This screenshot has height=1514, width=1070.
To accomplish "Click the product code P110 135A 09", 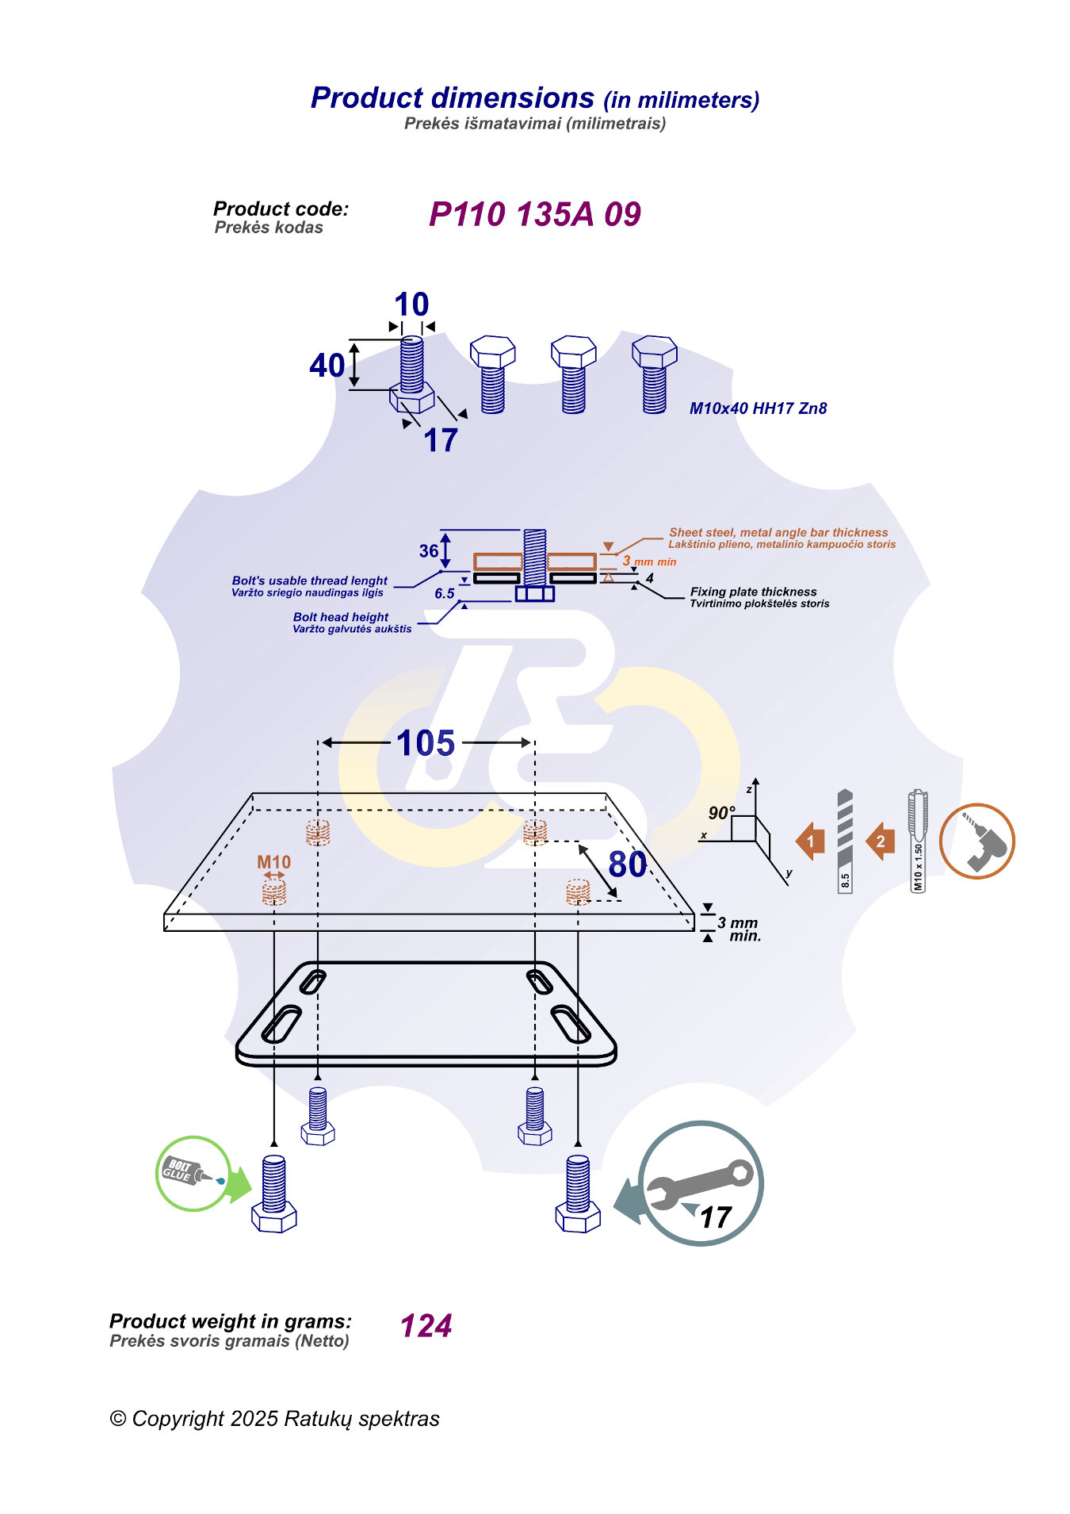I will (x=534, y=214).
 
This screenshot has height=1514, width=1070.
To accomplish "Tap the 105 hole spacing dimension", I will (x=426, y=743).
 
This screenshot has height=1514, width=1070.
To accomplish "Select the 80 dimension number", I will (x=627, y=864).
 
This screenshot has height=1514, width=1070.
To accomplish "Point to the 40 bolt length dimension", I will (x=327, y=366).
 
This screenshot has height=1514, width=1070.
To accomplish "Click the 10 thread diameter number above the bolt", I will (x=411, y=305).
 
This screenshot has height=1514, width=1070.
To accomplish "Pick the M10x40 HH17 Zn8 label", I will (x=758, y=408).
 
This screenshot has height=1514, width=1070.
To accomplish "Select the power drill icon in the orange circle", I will (x=976, y=841).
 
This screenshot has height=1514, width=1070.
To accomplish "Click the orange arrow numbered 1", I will (x=810, y=841).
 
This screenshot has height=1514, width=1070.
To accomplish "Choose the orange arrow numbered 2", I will (x=880, y=841).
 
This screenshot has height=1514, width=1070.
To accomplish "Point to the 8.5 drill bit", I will (x=845, y=841).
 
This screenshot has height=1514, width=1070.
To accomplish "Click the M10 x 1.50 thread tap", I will (x=918, y=841).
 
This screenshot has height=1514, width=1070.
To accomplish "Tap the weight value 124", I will (x=426, y=1326).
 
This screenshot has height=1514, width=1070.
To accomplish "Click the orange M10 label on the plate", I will (x=273, y=862).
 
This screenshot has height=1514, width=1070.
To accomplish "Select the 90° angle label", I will (x=720, y=813).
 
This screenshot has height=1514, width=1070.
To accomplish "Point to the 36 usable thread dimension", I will (x=429, y=550).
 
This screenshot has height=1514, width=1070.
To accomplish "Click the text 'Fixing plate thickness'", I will (x=753, y=592).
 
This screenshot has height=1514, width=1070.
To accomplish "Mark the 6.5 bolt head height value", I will (x=445, y=593).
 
